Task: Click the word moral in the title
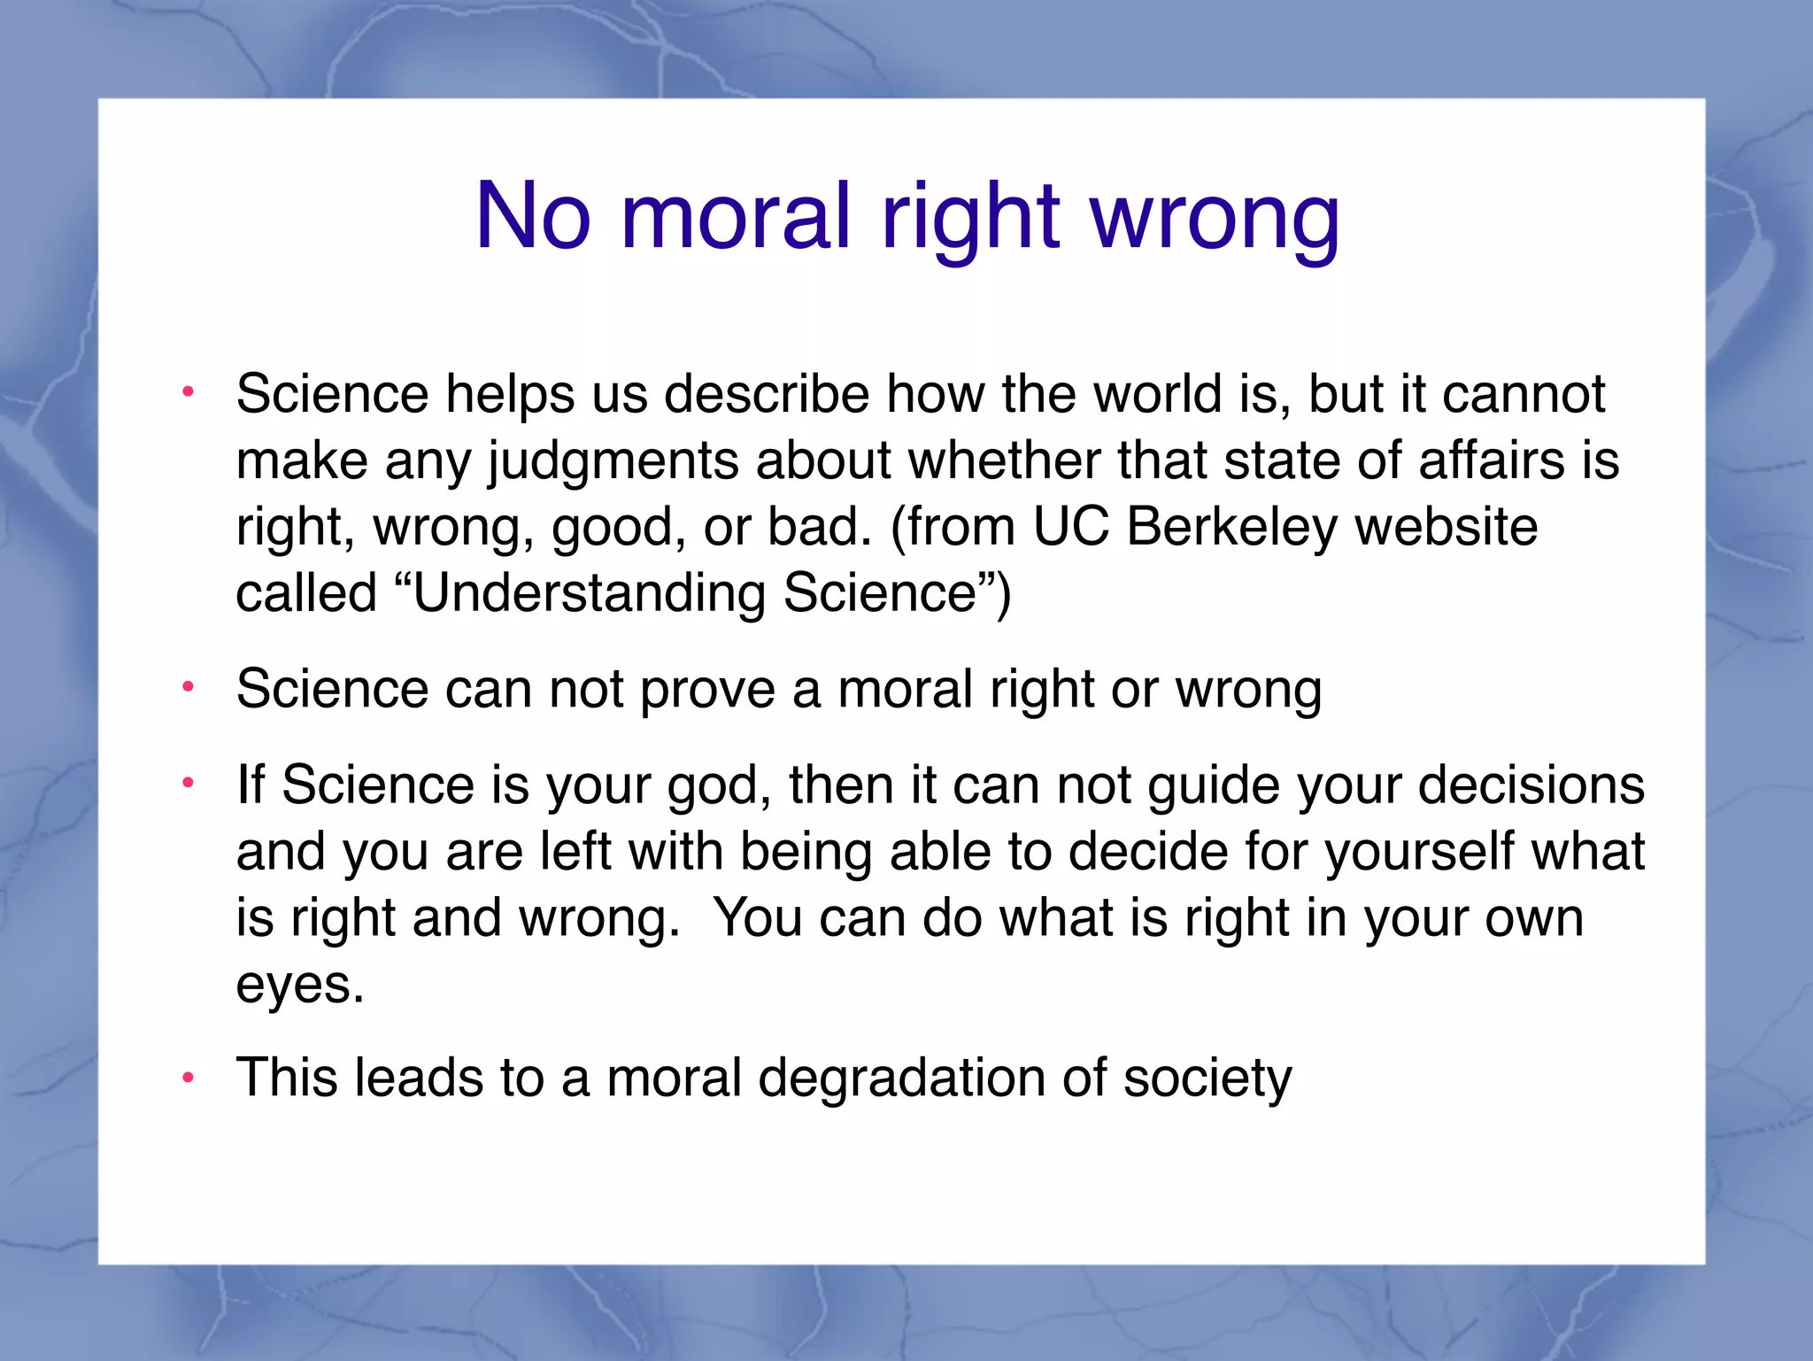[737, 217]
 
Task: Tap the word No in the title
[533, 217]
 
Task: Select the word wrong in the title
[1215, 217]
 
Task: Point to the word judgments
[613, 461]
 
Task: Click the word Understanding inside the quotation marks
[589, 593]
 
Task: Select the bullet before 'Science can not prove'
[188, 688]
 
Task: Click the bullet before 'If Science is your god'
[188, 784]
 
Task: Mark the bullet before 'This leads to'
[188, 1079]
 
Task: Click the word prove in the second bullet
[707, 690]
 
